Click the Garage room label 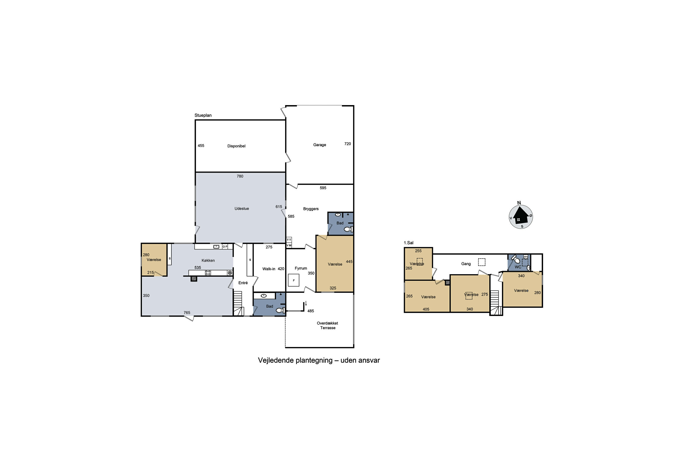320,145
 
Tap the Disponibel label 236,146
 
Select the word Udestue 241,208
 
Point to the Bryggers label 311,209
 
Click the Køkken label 208,260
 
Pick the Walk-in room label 269,269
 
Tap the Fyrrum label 301,268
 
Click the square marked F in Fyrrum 293,280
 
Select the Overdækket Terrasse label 327,326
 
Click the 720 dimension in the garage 347,144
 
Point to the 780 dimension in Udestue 240,176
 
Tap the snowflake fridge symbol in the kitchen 230,273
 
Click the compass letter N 519,203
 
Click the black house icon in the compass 521,216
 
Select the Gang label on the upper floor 466,264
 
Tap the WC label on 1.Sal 518,267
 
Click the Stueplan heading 203,115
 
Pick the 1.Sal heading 409,243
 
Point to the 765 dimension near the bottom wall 187,312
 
